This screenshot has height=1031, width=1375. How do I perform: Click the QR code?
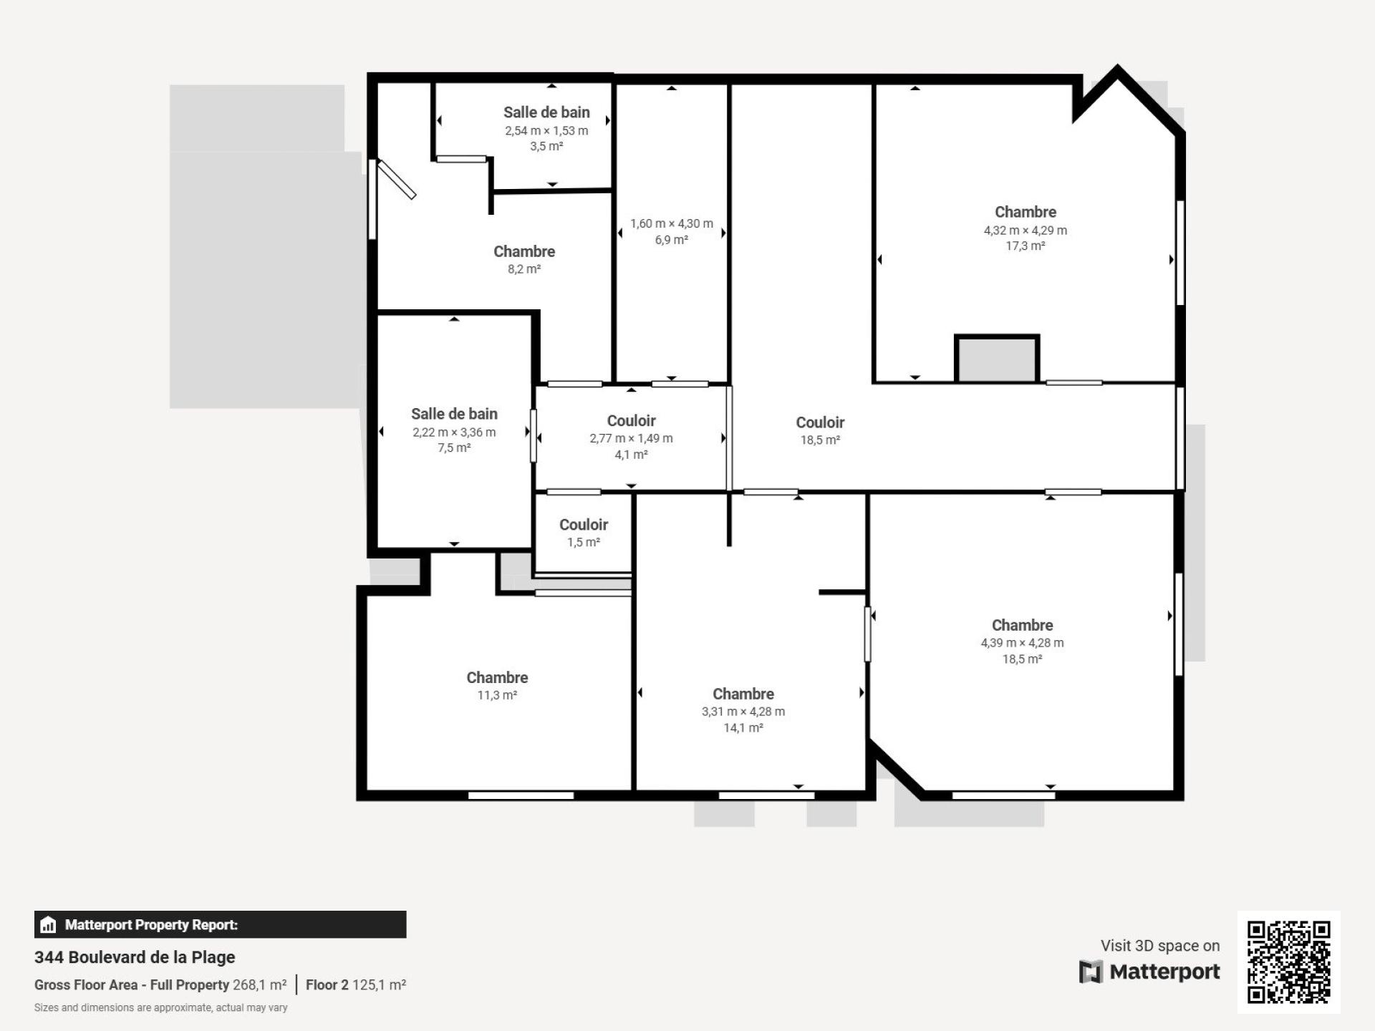pos(1288,962)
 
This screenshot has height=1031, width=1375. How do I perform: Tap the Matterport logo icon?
pos(1090,972)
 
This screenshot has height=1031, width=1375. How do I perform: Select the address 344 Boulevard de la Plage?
pos(135,957)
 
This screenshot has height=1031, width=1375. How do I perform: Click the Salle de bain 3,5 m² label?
pos(546,112)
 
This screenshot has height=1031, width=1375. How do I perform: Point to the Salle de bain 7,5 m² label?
pos(454,414)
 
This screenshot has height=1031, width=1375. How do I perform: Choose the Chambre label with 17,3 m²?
pos(1026,212)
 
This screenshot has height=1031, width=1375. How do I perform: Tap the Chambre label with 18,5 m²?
pos(1022,625)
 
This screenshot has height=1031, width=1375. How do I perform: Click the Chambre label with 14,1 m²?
pos(743,694)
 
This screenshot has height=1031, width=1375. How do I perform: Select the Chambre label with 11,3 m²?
pos(497,677)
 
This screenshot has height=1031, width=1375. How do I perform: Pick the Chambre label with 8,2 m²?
pos(524,251)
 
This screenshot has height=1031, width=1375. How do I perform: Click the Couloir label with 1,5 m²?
pos(584,525)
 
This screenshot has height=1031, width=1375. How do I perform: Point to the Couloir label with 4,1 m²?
pos(631,421)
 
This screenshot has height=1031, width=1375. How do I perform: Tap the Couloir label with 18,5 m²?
pos(820,422)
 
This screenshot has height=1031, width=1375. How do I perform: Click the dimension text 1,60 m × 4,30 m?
pos(672,224)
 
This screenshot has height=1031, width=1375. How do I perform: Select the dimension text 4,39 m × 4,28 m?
pos(1022,643)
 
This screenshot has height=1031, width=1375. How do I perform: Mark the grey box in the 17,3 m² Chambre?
pos(997,359)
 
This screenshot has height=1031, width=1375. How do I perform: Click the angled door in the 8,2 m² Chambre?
pos(397,180)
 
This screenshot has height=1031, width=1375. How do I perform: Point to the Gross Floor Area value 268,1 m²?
pos(259,985)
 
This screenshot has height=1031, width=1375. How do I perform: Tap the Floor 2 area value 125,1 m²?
pos(379,985)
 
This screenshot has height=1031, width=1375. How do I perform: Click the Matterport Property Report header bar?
pos(220,924)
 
